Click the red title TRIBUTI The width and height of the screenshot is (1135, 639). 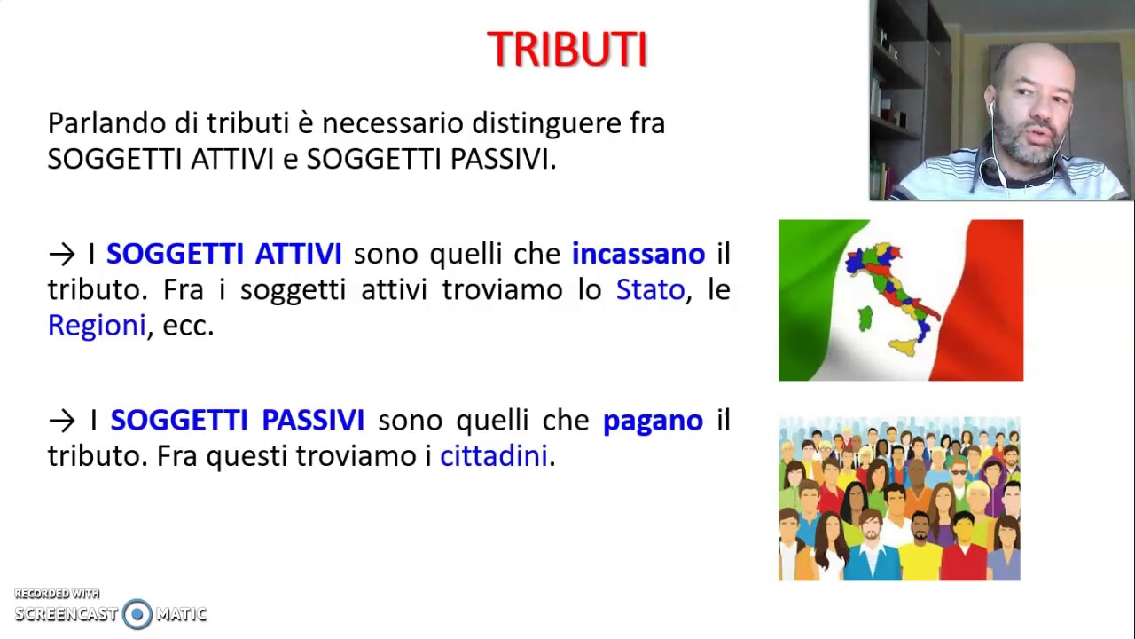[567, 50]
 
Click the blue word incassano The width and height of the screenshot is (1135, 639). [638, 254]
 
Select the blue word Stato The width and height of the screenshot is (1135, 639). [650, 290]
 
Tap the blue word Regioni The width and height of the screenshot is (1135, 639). [96, 326]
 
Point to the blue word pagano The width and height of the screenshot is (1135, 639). [653, 421]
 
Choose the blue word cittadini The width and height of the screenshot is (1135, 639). [494, 456]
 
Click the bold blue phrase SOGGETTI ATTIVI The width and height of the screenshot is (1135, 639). [223, 254]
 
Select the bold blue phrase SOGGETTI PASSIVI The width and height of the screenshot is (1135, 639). [237, 420]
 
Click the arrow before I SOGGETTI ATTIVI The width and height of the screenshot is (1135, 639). [62, 255]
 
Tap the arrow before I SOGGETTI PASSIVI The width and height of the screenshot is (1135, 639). [62, 421]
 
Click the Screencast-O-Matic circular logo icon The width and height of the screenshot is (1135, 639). [137, 614]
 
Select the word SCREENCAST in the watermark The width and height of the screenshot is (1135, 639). [67, 614]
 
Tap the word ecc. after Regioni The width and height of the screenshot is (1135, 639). [188, 326]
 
